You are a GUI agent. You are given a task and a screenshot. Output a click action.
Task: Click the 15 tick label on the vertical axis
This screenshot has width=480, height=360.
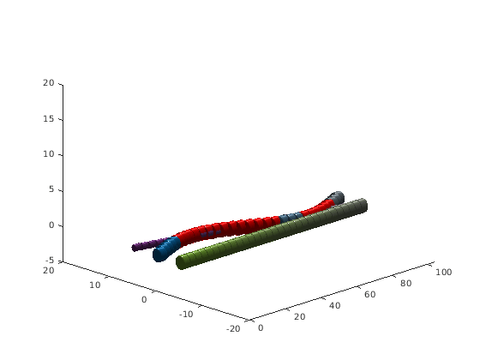[48, 119]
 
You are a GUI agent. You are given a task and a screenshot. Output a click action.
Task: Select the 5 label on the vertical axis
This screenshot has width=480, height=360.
[51, 189]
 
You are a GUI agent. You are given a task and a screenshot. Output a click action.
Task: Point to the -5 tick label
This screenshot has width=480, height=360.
[50, 261]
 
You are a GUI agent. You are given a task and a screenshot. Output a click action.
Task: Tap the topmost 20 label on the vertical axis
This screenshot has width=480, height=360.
[48, 83]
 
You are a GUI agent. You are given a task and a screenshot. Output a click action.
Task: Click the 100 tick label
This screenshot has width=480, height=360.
[444, 273]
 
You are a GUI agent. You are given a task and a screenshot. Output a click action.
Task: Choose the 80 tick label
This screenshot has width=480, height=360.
[405, 284]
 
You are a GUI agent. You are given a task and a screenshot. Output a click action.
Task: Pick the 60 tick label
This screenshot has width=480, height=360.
[369, 295]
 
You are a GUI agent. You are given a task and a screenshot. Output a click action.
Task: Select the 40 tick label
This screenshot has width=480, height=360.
[334, 305]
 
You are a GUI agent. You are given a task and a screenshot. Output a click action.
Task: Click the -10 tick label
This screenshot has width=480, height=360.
[186, 314]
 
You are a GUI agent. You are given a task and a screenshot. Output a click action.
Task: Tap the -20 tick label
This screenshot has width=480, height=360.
[233, 329]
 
